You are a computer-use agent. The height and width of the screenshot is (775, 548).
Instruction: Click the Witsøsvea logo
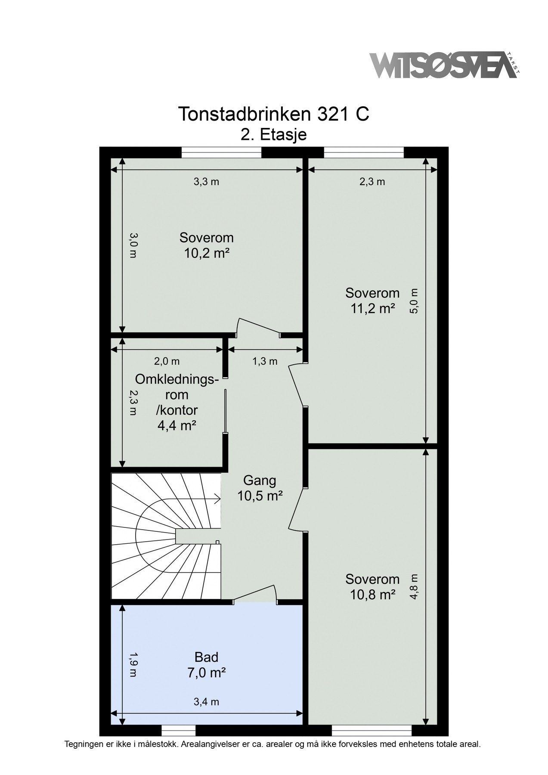443,66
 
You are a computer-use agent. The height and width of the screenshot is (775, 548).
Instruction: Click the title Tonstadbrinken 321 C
273,115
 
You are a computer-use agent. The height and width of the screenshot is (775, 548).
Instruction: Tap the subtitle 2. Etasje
273,135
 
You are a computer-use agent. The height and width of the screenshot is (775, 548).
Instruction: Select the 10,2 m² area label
206,253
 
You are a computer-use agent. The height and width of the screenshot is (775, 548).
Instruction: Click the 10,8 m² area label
372,595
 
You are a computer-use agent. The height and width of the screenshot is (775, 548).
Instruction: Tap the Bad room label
206,657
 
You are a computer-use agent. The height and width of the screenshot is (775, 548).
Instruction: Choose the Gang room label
260,480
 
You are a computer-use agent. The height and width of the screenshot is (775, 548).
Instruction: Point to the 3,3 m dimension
206,182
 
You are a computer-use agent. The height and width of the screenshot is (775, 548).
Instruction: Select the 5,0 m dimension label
414,301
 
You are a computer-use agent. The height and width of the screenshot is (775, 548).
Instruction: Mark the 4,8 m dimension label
414,587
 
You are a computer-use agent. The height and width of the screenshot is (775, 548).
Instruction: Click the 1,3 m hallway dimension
265,361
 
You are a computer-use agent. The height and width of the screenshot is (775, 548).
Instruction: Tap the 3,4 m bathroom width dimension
206,702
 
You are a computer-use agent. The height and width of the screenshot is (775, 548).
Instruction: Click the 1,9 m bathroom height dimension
133,665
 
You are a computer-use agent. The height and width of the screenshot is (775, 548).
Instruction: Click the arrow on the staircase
215,499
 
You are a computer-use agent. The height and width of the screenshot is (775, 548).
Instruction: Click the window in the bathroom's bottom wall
178,730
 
